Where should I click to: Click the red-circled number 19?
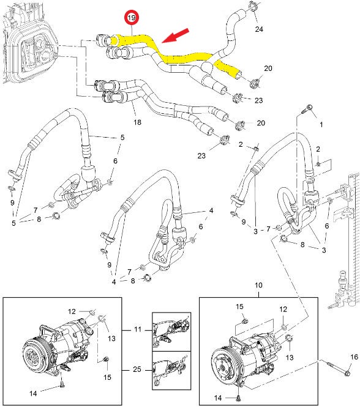click(x=131, y=18)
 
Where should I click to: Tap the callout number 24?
click(x=259, y=29)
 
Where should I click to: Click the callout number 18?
click(x=137, y=122)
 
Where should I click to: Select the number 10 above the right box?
click(x=258, y=286)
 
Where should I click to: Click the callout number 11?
click(x=138, y=330)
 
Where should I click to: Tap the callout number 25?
click(x=138, y=370)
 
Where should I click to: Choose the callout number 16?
click(x=354, y=357)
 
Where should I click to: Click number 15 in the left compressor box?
click(x=107, y=377)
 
